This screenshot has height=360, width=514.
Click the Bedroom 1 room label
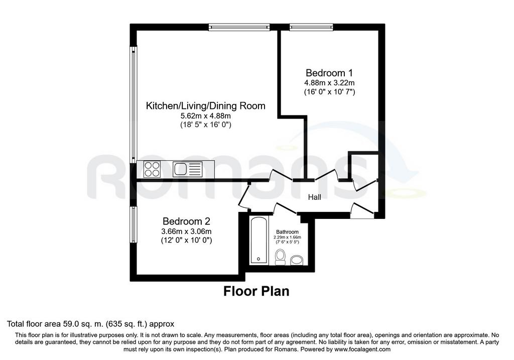click(329, 73)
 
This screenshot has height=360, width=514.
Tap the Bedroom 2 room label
click(186, 221)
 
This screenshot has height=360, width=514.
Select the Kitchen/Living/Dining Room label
click(205, 106)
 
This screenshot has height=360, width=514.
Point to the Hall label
click(314, 197)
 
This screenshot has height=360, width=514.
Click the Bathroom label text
click(287, 232)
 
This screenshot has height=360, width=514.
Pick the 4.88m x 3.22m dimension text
click(329, 83)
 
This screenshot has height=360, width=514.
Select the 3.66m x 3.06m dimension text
click(186, 231)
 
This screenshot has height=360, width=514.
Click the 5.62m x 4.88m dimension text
click(205, 116)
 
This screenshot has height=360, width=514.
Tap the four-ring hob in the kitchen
click(152, 169)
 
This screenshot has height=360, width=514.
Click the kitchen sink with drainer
click(188, 169)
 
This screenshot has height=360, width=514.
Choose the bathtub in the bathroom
click(259, 240)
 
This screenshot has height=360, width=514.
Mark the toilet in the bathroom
click(280, 257)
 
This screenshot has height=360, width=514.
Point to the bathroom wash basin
click(297, 260)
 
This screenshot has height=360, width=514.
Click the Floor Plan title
click(256, 291)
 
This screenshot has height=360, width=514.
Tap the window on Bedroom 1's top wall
click(311, 27)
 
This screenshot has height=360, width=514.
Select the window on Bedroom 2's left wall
click(133, 224)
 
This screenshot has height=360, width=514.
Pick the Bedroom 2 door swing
click(244, 196)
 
